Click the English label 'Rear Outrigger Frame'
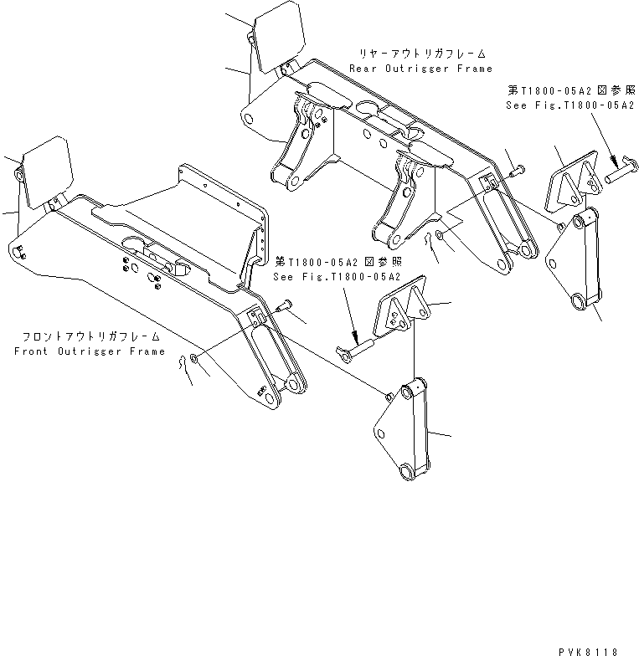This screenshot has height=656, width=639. [x=420, y=69]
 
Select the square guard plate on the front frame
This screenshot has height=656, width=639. [x=48, y=173]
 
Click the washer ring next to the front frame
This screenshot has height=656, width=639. [x=194, y=359]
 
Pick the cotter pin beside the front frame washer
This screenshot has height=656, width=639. [x=184, y=369]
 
